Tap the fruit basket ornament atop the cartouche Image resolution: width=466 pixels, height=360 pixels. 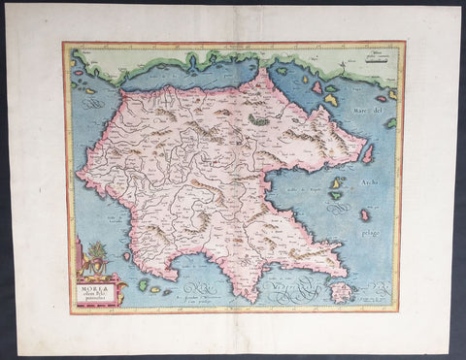(96, 255)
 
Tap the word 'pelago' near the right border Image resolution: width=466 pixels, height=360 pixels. (373, 234)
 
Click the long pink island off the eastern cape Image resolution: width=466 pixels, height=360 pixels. (367, 153)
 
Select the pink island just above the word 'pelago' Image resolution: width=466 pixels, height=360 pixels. (364, 214)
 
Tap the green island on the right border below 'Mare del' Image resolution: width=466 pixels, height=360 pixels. (389, 123)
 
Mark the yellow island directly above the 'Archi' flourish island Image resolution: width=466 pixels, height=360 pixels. (337, 182)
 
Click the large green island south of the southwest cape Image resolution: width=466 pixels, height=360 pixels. (143, 284)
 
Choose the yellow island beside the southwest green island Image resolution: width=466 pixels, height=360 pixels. (155, 289)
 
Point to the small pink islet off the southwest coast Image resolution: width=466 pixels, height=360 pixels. (126, 256)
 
